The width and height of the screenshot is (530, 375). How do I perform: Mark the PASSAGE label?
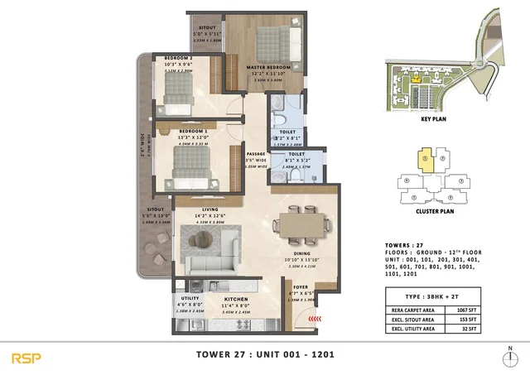click(x=255, y=154)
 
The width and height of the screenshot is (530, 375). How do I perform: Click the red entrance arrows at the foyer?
click(x=311, y=318)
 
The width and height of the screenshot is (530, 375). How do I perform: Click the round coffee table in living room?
click(x=204, y=240)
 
